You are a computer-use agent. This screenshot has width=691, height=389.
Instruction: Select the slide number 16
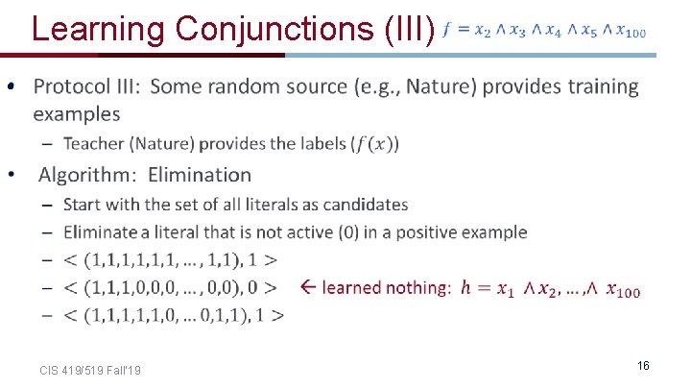coord(643,366)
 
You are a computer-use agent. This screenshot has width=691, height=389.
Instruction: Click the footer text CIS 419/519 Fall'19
coord(91,370)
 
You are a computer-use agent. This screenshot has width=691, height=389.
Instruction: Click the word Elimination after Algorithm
coord(200,175)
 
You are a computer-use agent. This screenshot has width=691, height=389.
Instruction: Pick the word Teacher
coord(95,144)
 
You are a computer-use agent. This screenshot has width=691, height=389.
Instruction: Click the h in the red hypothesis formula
coord(465,287)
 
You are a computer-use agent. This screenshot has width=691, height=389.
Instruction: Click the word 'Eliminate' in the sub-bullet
coord(102,232)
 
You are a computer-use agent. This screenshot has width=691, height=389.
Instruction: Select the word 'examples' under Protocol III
coord(77,114)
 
